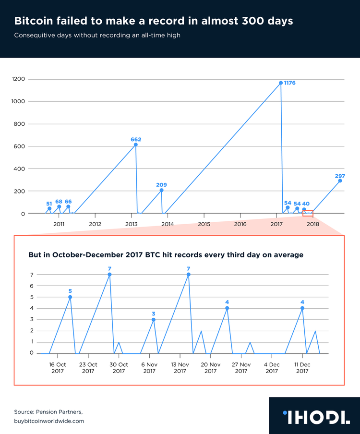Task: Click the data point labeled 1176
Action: (x=281, y=83)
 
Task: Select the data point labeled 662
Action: (x=136, y=145)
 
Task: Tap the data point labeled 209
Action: (x=161, y=190)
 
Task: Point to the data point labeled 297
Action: (x=340, y=181)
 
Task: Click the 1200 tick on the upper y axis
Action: (x=20, y=79)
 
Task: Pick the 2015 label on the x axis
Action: (x=204, y=224)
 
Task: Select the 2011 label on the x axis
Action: (x=59, y=224)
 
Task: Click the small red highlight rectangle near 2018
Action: (x=307, y=213)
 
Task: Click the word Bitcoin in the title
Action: (x=33, y=22)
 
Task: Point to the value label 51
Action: (x=49, y=204)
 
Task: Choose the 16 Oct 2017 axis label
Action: (x=58, y=368)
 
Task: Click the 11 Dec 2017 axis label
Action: (x=302, y=368)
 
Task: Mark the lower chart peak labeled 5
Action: (x=70, y=297)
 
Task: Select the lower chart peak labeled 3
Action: (x=154, y=319)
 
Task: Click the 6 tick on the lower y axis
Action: (x=31, y=286)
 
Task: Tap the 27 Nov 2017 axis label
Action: (x=241, y=368)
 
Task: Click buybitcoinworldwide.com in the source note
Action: (x=49, y=421)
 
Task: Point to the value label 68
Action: (x=59, y=202)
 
